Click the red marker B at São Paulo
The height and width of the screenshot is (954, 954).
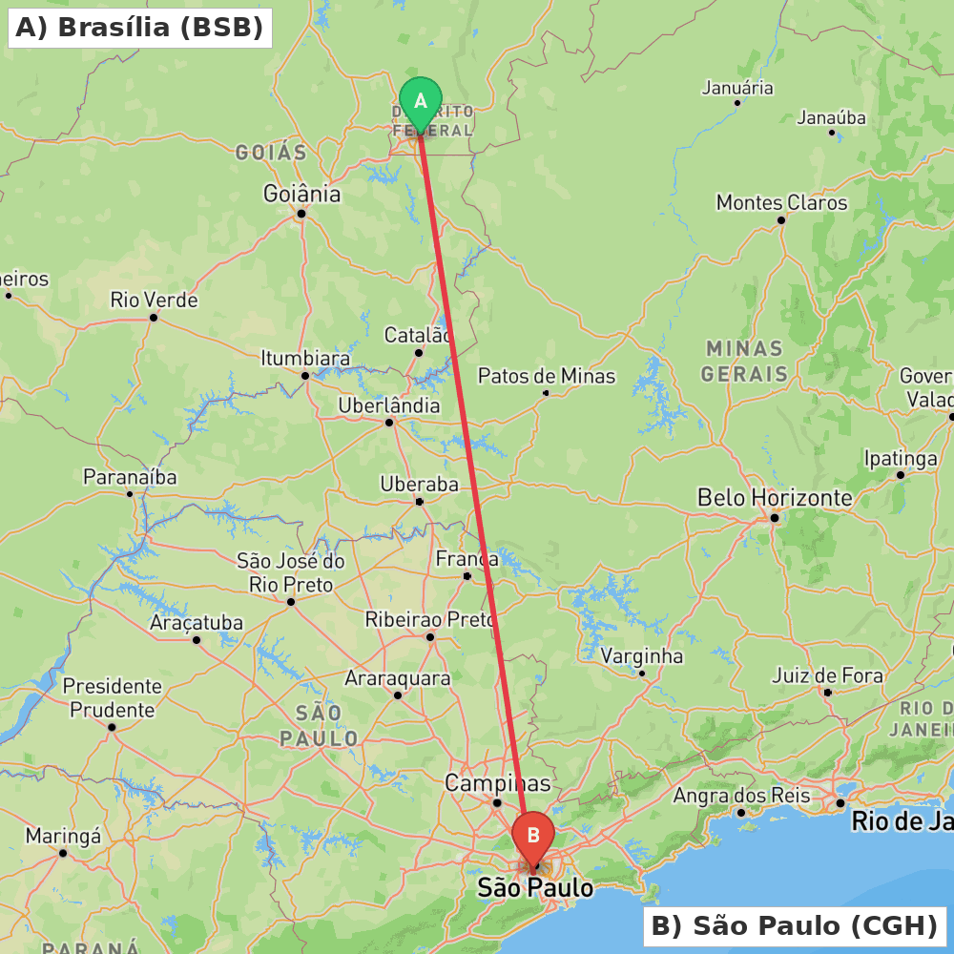[533, 836]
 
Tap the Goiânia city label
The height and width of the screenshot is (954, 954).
[301, 194]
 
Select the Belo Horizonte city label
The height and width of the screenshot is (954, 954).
[775, 497]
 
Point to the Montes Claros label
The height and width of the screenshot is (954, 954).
[781, 202]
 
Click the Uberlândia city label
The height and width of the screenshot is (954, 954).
[389, 405]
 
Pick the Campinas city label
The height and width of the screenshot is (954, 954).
[498, 783]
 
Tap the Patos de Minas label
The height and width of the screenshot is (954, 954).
[547, 376]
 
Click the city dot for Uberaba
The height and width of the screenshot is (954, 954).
[419, 501]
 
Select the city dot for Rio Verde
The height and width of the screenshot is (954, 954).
[153, 317]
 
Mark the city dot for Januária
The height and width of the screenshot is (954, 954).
[737, 103]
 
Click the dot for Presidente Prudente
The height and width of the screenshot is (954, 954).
[112, 727]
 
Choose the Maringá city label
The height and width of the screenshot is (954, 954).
[63, 836]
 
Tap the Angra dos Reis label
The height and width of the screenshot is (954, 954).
[741, 796]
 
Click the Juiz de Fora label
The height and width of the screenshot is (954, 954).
[827, 675]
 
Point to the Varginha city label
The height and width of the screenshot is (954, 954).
[642, 656]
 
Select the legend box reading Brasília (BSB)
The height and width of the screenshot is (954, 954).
[139, 28]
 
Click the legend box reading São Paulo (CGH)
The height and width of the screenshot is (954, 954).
[794, 925]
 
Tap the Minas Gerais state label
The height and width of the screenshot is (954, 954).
[744, 361]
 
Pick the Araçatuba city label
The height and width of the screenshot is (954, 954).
[197, 623]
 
